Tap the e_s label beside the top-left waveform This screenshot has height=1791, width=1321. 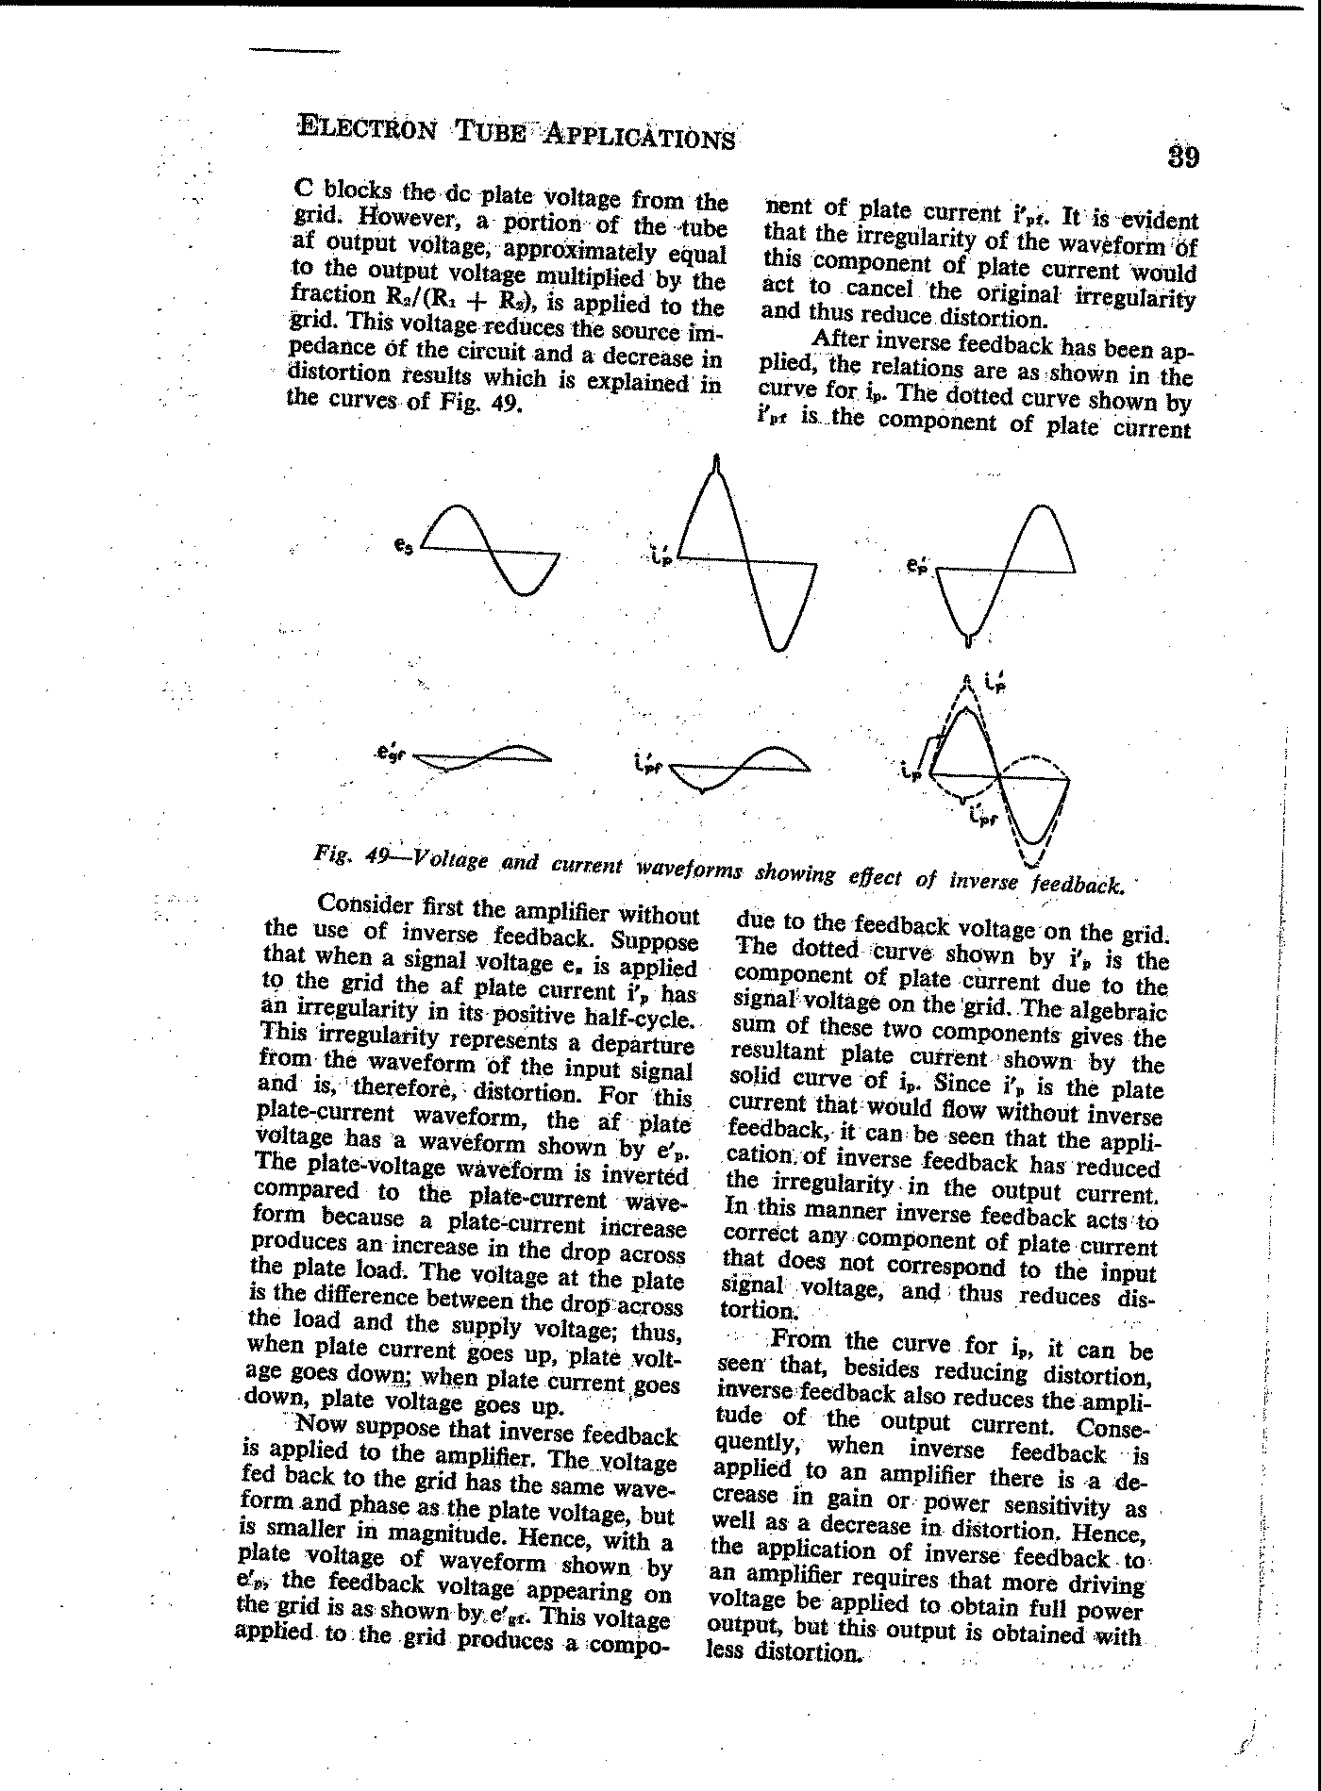pyautogui.click(x=402, y=545)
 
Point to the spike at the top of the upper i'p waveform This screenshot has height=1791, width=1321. pyautogui.click(x=718, y=463)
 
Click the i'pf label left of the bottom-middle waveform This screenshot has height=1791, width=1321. pyautogui.click(x=648, y=761)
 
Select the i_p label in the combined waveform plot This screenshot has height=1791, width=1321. pyautogui.click(x=910, y=773)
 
